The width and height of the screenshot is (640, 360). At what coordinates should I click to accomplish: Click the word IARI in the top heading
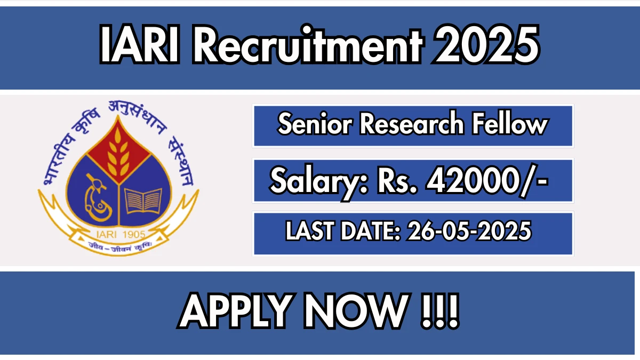point(140,44)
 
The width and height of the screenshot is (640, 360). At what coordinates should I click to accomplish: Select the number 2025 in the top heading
point(486,45)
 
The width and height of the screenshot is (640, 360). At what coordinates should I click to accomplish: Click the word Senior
point(315,125)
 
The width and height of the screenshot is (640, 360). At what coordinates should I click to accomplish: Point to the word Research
point(412,124)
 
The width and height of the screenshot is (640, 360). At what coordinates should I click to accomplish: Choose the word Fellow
point(509,124)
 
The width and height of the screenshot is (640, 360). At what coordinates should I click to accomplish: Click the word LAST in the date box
point(309,231)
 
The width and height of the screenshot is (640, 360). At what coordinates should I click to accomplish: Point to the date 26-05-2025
point(469,231)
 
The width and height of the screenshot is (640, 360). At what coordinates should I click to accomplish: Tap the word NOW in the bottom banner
point(356,311)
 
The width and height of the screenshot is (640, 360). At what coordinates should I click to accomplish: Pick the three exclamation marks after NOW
point(439,311)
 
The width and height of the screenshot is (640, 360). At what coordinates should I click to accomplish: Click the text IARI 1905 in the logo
point(121,235)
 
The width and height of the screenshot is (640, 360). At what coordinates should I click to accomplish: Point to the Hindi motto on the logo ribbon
point(120,246)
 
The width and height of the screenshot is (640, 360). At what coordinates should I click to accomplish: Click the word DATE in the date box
point(370,231)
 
